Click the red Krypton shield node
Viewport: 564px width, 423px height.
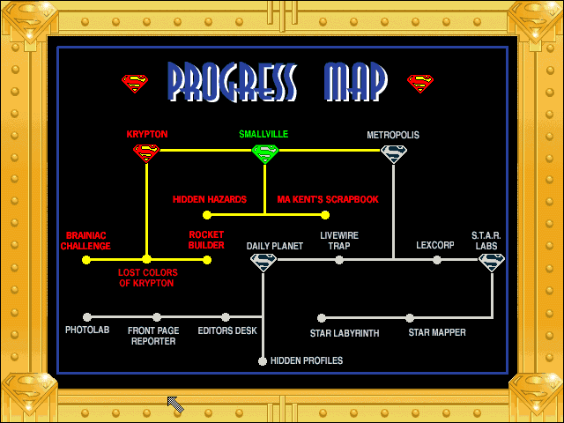pyautogui.click(x=146, y=152)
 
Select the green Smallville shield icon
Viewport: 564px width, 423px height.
pyautogui.click(x=265, y=153)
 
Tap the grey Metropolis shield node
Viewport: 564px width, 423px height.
pyautogui.click(x=394, y=154)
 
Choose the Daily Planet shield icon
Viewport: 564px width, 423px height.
pyautogui.click(x=263, y=263)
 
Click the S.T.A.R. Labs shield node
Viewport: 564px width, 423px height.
pyautogui.click(x=492, y=263)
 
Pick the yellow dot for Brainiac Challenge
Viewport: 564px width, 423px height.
pyautogui.click(x=86, y=260)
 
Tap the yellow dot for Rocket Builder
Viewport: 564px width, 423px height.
pyautogui.click(x=207, y=260)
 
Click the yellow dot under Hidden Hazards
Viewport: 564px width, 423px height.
pyautogui.click(x=207, y=215)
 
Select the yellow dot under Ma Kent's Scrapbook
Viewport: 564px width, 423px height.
pyautogui.click(x=325, y=215)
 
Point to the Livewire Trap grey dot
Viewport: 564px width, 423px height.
pyautogui.click(x=339, y=260)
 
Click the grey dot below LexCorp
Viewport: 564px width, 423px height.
pyautogui.click(x=437, y=260)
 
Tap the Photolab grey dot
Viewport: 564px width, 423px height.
pyautogui.click(x=87, y=317)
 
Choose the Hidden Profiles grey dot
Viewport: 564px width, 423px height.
pyautogui.click(x=263, y=361)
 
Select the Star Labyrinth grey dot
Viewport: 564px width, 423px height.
pyautogui.click(x=322, y=318)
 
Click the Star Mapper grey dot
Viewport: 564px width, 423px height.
pyautogui.click(x=410, y=318)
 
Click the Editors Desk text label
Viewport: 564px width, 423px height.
pyautogui.click(x=227, y=330)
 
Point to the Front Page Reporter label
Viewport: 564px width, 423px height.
pyautogui.click(x=153, y=336)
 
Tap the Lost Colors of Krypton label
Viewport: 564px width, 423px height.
pyautogui.click(x=147, y=278)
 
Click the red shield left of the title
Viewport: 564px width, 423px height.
pyautogui.click(x=135, y=84)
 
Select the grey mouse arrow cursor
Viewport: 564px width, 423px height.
pyautogui.click(x=175, y=404)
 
